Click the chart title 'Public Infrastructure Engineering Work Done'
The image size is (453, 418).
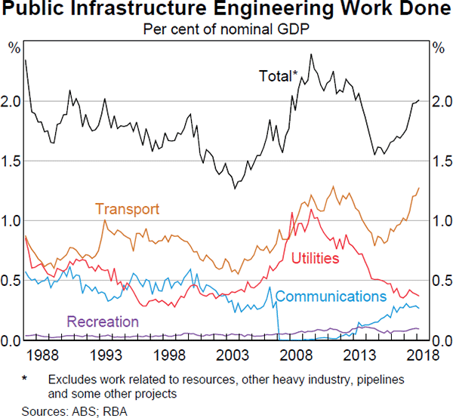(x=226, y=11)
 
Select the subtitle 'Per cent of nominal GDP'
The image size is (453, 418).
(x=226, y=30)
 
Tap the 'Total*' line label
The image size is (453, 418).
(x=279, y=75)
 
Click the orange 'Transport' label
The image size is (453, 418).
(x=127, y=209)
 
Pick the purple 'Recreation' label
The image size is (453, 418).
(x=103, y=321)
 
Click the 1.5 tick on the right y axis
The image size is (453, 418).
(x=439, y=161)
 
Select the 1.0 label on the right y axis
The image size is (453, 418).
(x=439, y=221)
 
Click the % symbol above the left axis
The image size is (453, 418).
(x=14, y=48)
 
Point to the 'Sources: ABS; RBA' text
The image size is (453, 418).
(x=69, y=410)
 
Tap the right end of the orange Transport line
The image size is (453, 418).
(x=419, y=188)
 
